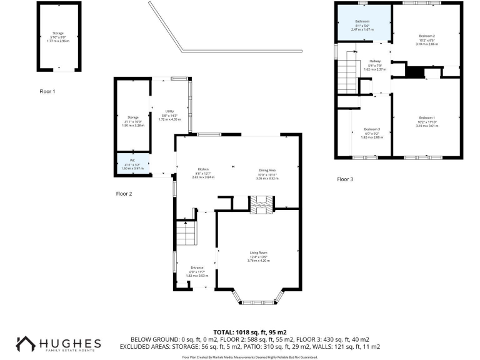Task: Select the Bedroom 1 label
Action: click(x=426, y=117)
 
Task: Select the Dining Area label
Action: click(x=267, y=170)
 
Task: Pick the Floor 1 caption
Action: click(x=47, y=91)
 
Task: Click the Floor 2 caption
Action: click(x=124, y=194)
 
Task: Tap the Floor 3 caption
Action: click(x=345, y=179)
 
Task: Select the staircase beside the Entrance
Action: click(x=186, y=235)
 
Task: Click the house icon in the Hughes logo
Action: click(x=26, y=345)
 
